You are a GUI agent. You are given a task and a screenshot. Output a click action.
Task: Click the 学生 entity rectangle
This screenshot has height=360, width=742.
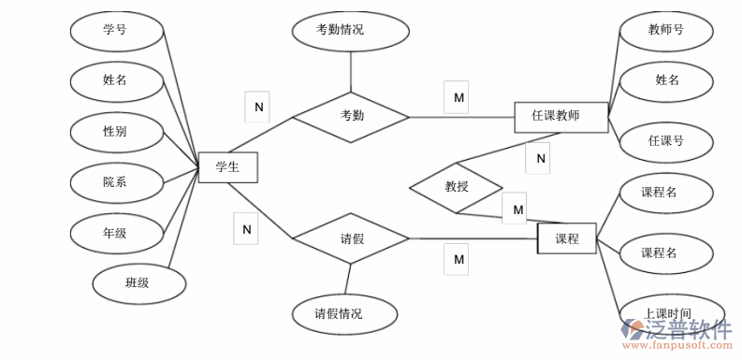click(x=227, y=167)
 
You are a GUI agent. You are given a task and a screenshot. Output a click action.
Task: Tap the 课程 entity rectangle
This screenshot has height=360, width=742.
click(x=566, y=238)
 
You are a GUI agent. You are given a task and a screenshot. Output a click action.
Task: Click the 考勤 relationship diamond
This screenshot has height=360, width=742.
click(x=351, y=117)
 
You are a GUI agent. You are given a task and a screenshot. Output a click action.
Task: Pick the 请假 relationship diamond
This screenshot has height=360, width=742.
click(x=351, y=238)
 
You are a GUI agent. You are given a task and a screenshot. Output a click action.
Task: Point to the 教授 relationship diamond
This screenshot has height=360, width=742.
click(x=456, y=187)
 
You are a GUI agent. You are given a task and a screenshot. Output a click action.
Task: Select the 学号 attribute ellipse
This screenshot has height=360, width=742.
click(x=116, y=30)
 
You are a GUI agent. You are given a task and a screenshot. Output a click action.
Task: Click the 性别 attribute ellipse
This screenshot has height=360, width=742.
click(x=116, y=131)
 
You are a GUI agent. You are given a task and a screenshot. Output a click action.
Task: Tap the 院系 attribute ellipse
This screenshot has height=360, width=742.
click(x=116, y=182)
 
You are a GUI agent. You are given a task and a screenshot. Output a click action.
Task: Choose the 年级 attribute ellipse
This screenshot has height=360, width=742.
click(x=116, y=233)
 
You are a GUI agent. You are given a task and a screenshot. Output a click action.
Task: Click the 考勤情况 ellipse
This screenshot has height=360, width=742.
click(x=350, y=30)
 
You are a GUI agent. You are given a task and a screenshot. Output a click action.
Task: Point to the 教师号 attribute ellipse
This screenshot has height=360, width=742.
click(x=666, y=30)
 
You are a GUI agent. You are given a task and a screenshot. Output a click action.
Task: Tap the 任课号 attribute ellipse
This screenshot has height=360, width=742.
click(x=666, y=141)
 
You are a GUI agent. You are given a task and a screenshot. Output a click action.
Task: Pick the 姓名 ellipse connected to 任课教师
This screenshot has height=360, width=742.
click(x=666, y=80)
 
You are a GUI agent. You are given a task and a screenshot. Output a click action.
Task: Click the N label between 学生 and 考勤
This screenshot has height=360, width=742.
click(x=257, y=107)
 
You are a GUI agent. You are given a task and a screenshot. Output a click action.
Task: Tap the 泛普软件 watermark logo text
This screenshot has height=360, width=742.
click(x=688, y=329)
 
